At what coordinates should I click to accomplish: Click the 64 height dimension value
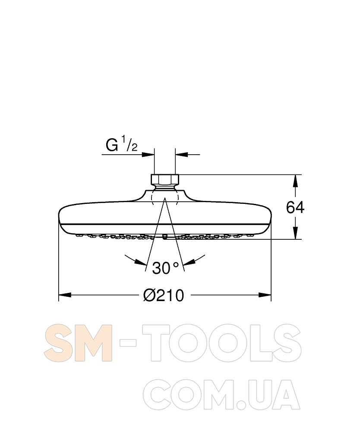point(295,207)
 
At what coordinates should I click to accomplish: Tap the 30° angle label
point(165,268)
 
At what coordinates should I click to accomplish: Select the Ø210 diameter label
point(164,295)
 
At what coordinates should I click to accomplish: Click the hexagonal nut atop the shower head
point(165,179)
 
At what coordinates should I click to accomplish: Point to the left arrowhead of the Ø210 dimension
point(65,295)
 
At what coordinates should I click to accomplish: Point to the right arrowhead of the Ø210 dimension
point(265,295)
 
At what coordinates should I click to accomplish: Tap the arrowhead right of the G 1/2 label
point(148,155)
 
